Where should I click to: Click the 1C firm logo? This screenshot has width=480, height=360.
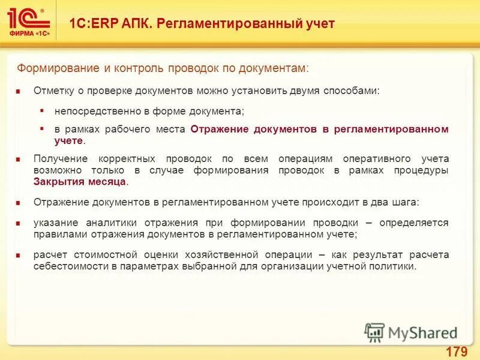(x=28, y=23)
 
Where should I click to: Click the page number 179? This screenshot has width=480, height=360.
(x=457, y=351)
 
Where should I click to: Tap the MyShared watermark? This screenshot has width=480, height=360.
(x=411, y=332)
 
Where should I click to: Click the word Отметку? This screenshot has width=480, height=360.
(x=53, y=91)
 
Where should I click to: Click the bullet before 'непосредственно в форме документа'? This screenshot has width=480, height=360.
(x=42, y=111)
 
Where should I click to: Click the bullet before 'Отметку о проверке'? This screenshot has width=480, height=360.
(x=19, y=91)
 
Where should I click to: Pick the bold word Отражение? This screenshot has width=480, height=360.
(x=219, y=130)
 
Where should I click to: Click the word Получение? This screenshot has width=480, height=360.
(x=60, y=159)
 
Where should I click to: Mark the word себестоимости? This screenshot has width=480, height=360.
(x=71, y=266)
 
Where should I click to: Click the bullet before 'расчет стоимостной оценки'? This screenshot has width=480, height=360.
(x=19, y=256)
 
